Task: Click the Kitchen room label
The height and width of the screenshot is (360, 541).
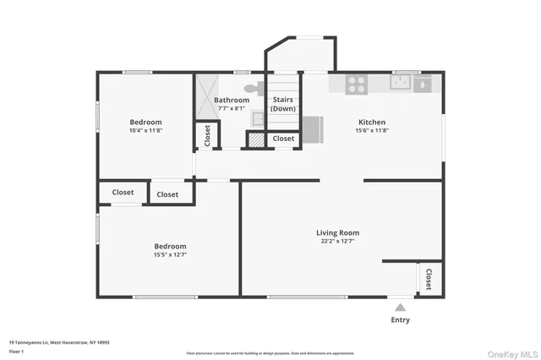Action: click(x=371, y=122)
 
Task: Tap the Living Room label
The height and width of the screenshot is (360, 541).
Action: click(x=337, y=232)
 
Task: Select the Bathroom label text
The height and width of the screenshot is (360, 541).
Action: click(x=231, y=100)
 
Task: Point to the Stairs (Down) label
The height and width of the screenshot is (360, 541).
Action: click(x=282, y=104)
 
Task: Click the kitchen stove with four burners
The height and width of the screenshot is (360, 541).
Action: click(x=357, y=84)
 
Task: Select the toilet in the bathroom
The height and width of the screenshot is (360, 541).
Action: click(x=252, y=87)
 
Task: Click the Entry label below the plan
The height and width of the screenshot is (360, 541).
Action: click(x=401, y=319)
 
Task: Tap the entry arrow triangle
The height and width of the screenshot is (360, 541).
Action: click(x=401, y=306)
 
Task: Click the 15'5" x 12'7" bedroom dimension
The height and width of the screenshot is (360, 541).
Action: click(x=170, y=254)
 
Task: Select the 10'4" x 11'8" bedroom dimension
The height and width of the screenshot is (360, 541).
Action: click(x=145, y=131)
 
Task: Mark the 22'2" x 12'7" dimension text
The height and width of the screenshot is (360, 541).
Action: click(x=337, y=242)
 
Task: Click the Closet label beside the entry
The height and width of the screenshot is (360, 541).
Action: click(x=429, y=280)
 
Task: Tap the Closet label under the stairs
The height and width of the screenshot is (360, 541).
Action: click(x=283, y=139)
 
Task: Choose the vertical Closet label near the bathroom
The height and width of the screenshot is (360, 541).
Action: click(x=205, y=135)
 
